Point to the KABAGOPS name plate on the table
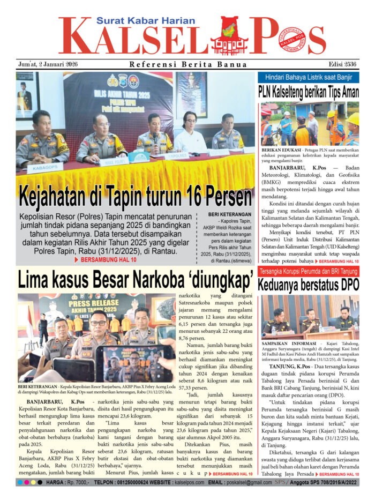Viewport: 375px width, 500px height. click(45, 168)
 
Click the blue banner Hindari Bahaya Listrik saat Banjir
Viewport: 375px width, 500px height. click(308, 77)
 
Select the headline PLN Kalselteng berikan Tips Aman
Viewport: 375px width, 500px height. click(308, 91)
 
